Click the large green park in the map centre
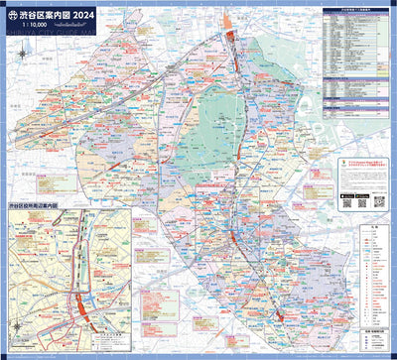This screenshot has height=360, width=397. (x=213, y=129)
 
